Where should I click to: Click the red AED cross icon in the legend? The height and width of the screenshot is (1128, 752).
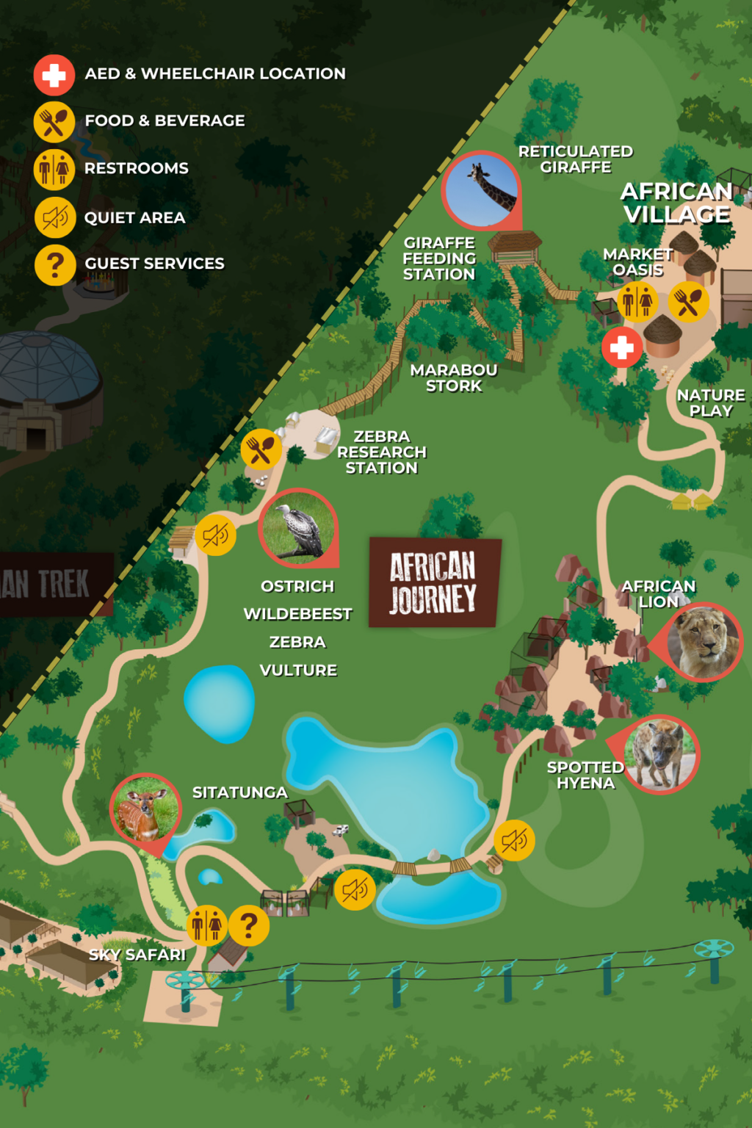pyautogui.click(x=54, y=75)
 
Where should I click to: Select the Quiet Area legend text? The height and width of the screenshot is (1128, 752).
pyautogui.click(x=134, y=218)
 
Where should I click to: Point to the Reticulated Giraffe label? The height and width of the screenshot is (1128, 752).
pyautogui.click(x=576, y=159)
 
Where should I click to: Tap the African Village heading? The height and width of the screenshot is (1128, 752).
pyautogui.click(x=676, y=203)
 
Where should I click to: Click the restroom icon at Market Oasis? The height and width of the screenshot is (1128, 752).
pyautogui.click(x=637, y=301)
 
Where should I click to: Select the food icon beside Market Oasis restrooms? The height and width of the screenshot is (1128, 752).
pyautogui.click(x=688, y=302)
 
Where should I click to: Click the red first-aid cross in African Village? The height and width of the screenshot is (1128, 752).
pyautogui.click(x=622, y=347)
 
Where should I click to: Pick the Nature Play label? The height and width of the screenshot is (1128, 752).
pyautogui.click(x=711, y=403)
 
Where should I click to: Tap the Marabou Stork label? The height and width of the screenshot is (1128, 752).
pyautogui.click(x=454, y=378)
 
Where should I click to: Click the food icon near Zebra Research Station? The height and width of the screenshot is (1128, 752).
pyautogui.click(x=261, y=449)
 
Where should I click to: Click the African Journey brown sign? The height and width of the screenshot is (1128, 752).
pyautogui.click(x=434, y=582)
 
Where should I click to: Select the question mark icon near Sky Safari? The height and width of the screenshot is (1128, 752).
pyautogui.click(x=249, y=926)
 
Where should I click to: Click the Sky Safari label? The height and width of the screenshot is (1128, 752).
pyautogui.click(x=137, y=955)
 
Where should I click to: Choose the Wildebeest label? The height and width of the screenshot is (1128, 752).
pyautogui.click(x=297, y=614)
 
